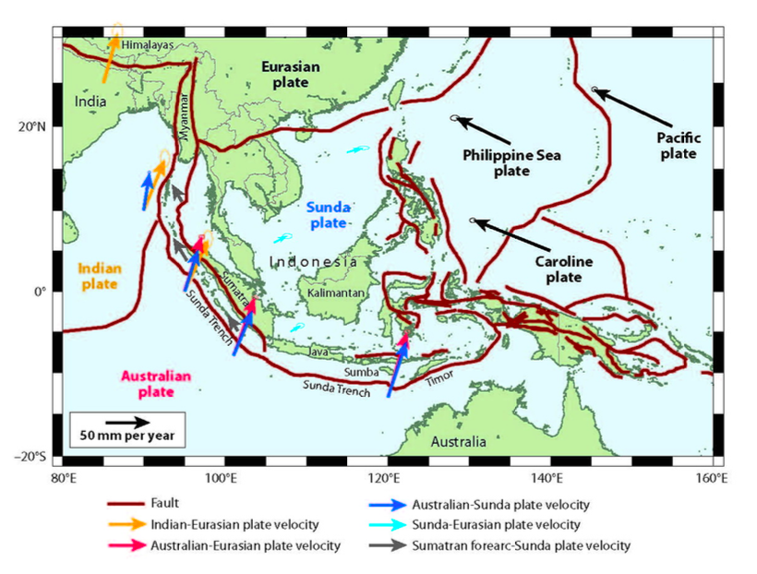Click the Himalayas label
point(147,42)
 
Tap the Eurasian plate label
point(289,75)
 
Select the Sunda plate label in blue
point(327,215)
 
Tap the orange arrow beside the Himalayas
point(109,54)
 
